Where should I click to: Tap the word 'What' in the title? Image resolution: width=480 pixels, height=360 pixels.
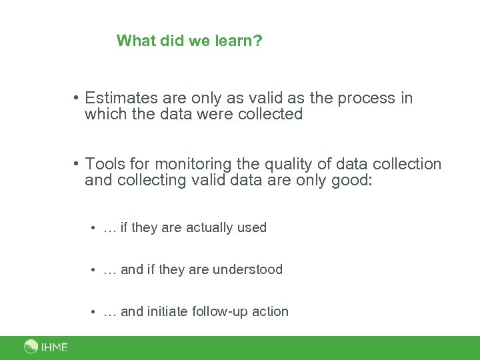click(134, 41)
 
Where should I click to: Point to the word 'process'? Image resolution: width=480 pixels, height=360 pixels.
click(367, 98)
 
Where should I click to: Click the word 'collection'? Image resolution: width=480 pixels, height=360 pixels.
click(407, 164)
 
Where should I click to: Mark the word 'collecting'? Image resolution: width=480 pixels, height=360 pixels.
click(151, 180)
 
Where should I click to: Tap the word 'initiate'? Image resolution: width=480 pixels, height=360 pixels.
click(167, 311)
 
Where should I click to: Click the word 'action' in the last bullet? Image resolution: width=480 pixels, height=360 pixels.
click(270, 311)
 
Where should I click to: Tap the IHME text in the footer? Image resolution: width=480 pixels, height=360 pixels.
click(55, 347)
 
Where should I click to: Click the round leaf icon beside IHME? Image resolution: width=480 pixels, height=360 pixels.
click(31, 347)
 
